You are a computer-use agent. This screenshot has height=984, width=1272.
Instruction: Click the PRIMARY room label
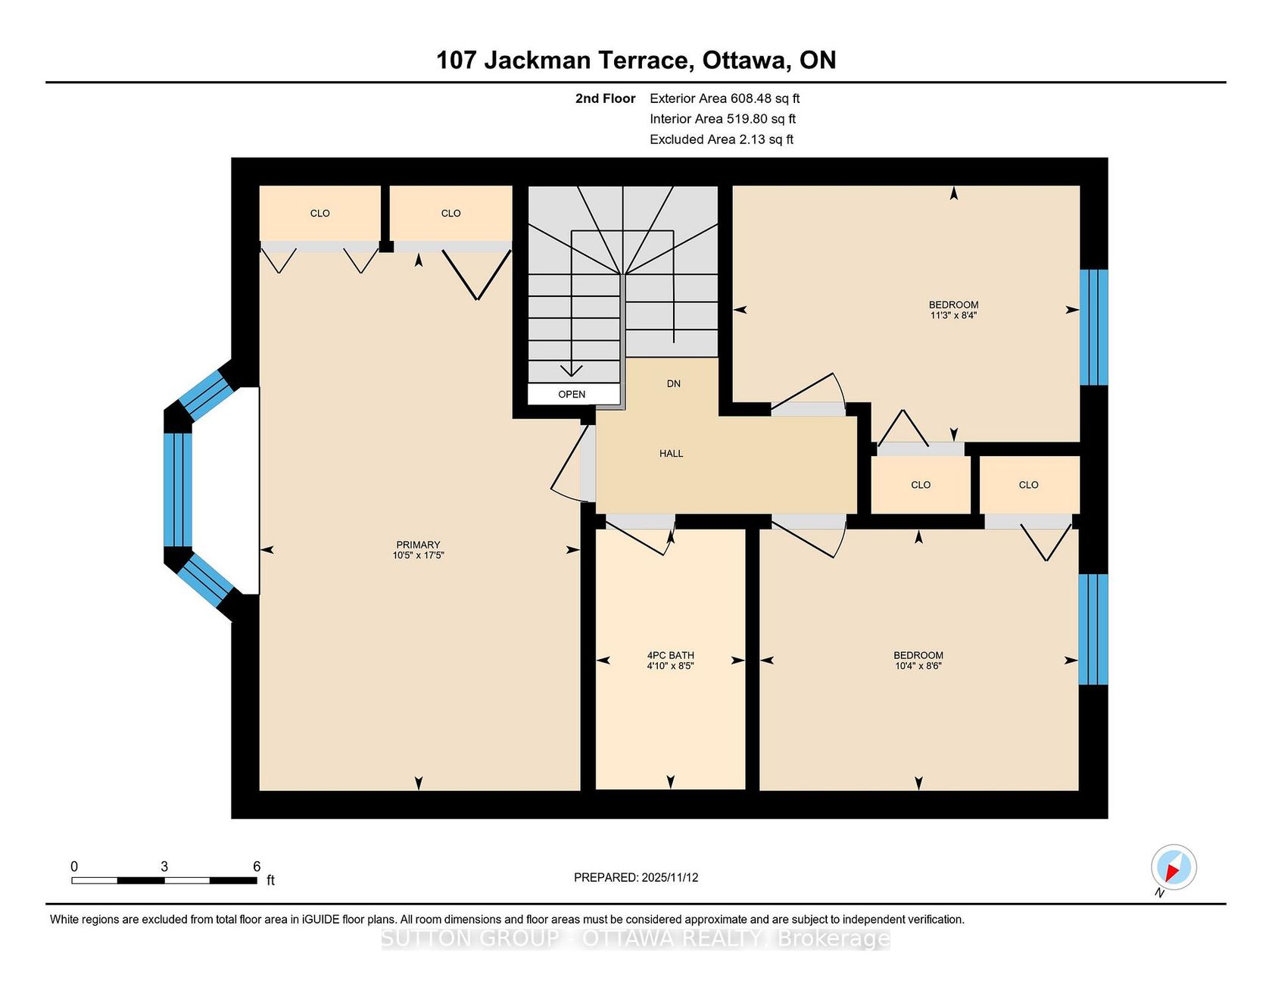point(418,545)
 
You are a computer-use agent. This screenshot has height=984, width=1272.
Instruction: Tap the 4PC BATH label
point(670,655)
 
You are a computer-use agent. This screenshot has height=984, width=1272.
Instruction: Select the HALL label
point(671,454)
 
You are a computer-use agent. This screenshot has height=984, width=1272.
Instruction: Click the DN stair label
point(674,384)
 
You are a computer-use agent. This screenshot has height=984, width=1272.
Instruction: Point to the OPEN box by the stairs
point(573,394)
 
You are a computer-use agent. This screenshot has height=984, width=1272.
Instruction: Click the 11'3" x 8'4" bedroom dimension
point(953,315)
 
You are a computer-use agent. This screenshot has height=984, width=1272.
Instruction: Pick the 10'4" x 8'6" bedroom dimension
point(918,666)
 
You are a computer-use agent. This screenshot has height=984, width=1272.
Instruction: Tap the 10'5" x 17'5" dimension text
point(418,555)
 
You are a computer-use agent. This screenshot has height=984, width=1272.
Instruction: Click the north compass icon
point(1174,867)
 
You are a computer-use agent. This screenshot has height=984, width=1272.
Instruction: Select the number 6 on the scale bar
point(257,867)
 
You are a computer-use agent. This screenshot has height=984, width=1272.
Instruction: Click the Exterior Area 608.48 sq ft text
point(725,98)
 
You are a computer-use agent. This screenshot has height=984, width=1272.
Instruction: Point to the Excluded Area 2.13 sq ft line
point(722,139)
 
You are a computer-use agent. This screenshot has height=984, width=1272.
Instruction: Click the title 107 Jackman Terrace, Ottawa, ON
point(636,60)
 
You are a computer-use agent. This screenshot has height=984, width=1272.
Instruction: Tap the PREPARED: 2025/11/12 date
point(636,877)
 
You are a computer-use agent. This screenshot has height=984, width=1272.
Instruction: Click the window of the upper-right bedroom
point(1093,327)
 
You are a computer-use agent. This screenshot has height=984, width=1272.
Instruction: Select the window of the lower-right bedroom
point(1093,629)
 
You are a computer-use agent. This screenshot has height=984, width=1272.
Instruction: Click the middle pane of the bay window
point(178,489)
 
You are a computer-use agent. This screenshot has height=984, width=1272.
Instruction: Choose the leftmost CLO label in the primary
point(320,214)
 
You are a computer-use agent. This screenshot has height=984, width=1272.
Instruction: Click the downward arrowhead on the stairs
point(571,370)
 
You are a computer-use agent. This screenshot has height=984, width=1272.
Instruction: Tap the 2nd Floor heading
point(606,98)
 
